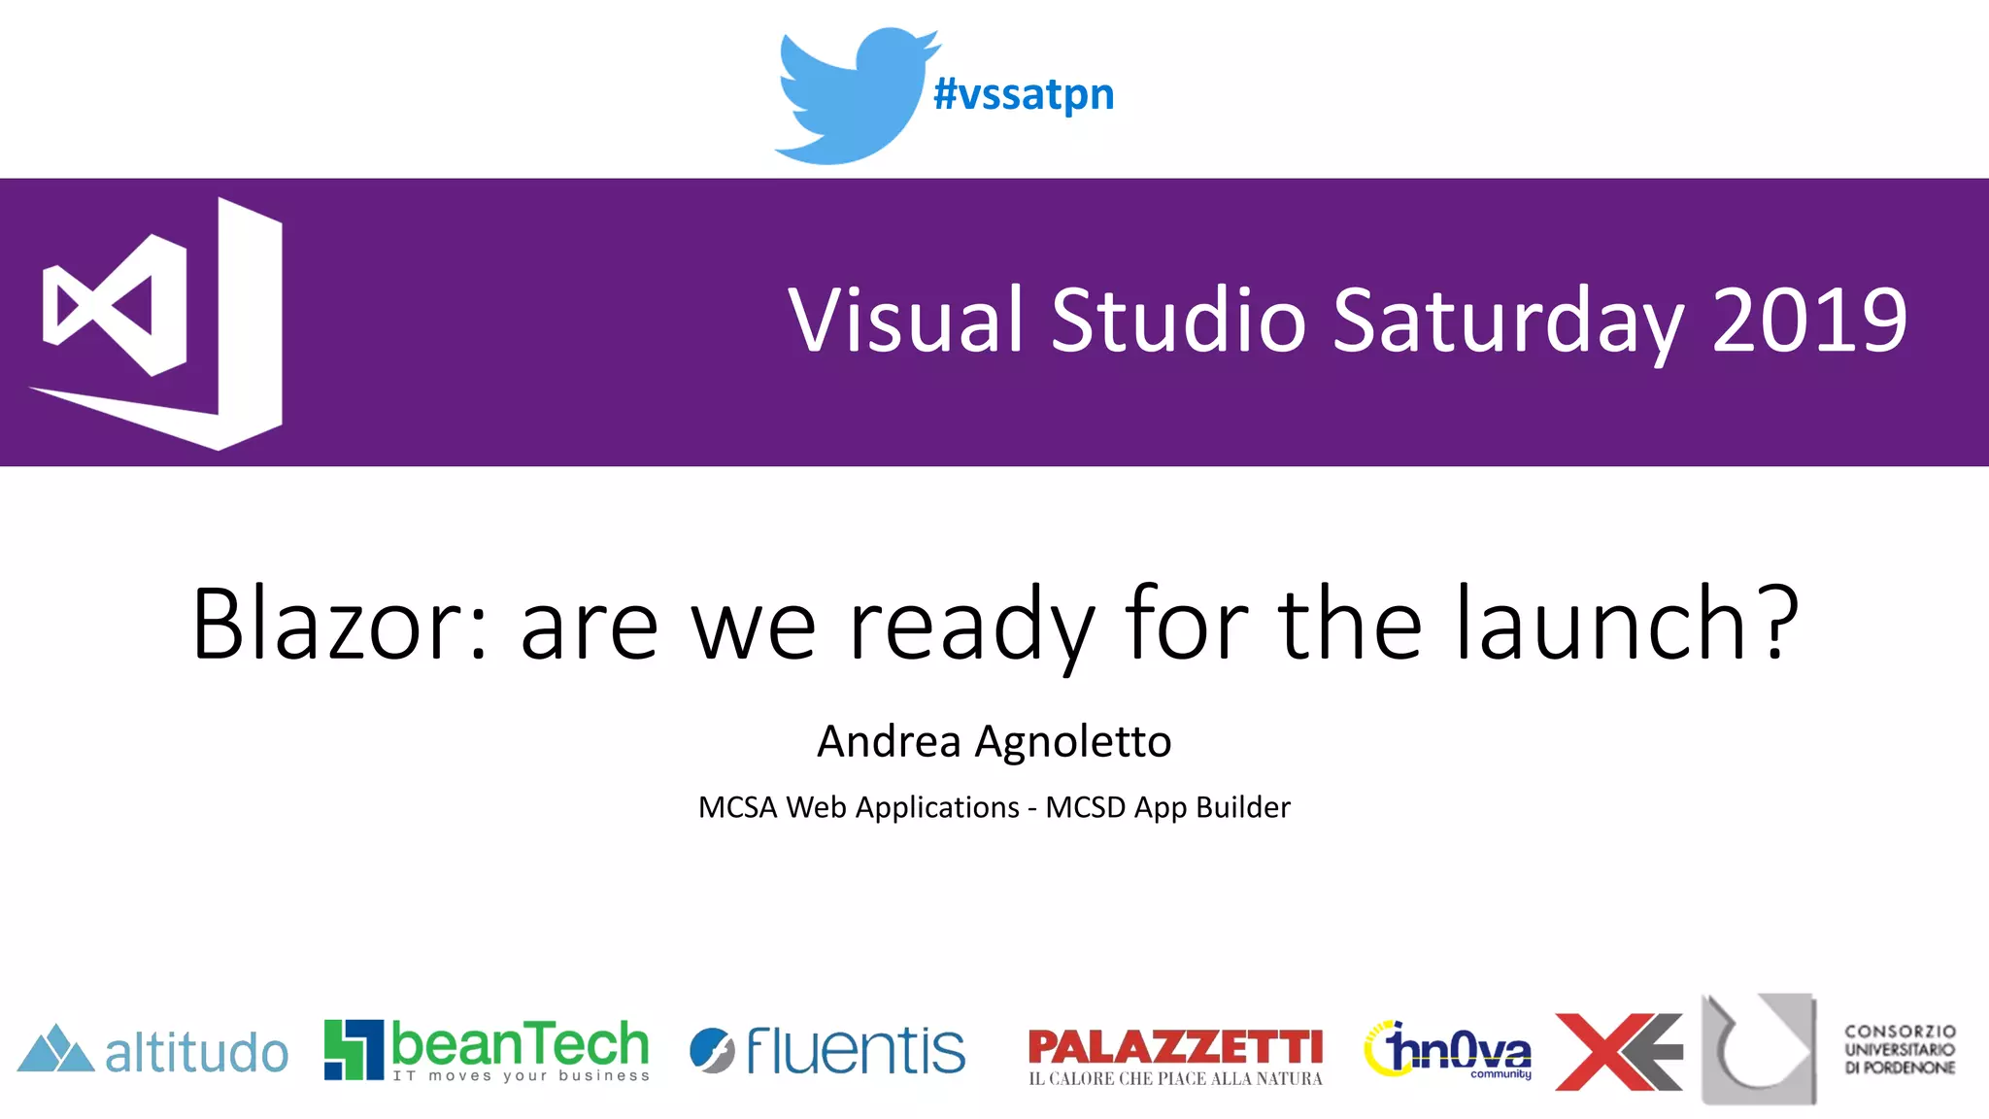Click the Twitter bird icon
pos(853,95)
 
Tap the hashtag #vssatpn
pos(1024,95)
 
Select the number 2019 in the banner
pos(1809,321)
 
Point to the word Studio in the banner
pos(1178,321)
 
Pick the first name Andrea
pos(889,741)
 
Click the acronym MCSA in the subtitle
pos(737,807)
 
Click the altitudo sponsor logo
pos(153,1051)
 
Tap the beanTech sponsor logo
pos(487,1049)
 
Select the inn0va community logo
pos(1448,1050)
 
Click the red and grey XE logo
pos(1618,1052)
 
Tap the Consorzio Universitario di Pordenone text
pos(1899,1049)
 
